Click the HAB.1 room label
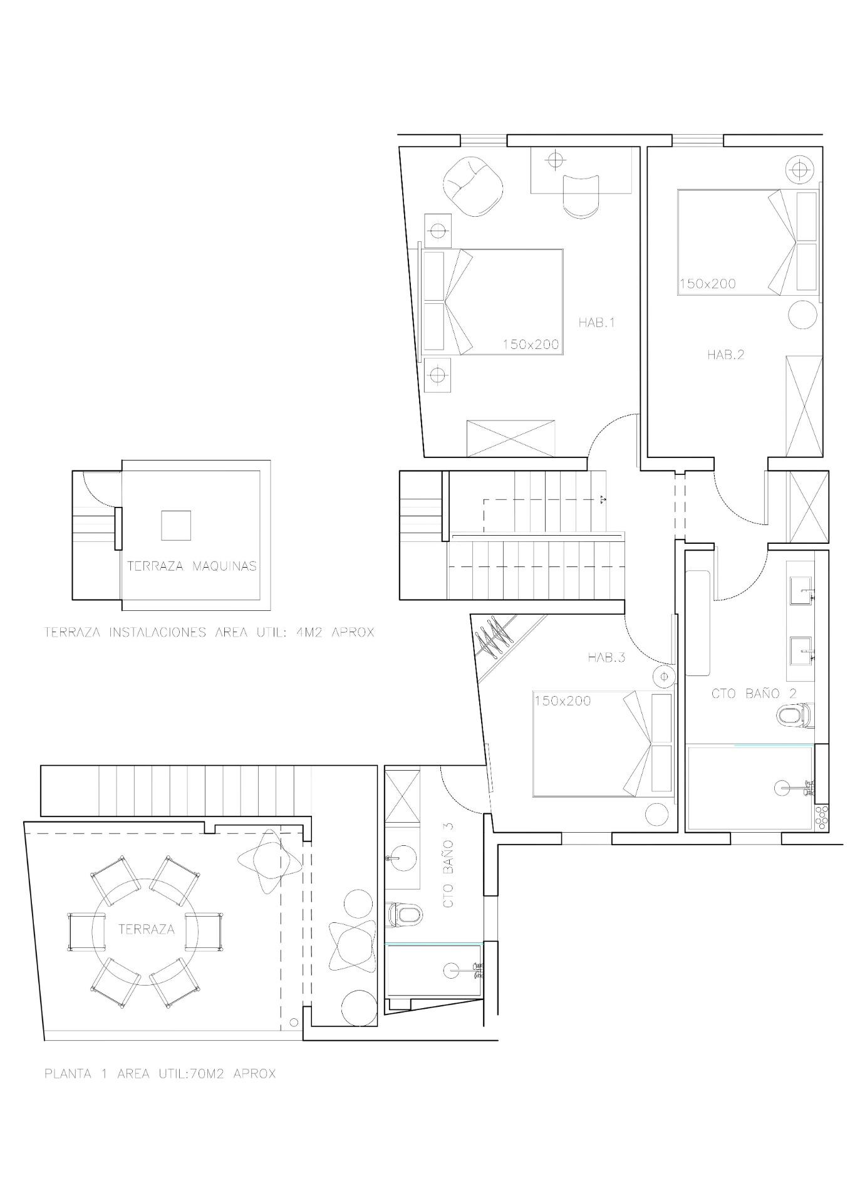(596, 323)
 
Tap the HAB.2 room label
(725, 355)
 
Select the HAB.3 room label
(606, 657)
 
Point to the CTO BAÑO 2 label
(754, 694)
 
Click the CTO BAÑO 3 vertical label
(448, 866)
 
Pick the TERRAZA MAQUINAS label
(192, 566)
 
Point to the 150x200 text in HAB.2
(708, 284)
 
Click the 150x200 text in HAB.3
(562, 700)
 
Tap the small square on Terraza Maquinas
(176, 525)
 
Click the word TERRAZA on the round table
(146, 929)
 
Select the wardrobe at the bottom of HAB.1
(511, 439)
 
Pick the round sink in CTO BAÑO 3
(402, 858)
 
